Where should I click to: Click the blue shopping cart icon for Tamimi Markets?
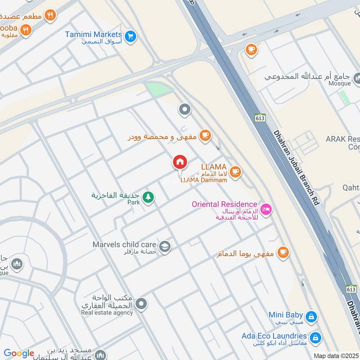coord(130,35)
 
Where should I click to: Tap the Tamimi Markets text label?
coord(93,35)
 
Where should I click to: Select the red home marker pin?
coord(180,162)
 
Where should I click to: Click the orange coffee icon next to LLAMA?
coord(235,171)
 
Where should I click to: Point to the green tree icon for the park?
coord(148,197)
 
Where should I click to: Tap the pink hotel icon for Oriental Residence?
coord(266,210)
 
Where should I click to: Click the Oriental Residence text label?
coord(224,204)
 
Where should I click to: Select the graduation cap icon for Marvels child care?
coord(165,247)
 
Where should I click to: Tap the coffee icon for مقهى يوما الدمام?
coord(283,253)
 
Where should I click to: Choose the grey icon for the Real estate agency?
coord(141,305)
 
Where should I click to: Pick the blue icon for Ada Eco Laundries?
coord(315,337)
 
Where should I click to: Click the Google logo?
coord(19,354)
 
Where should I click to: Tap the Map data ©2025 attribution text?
coord(336,355)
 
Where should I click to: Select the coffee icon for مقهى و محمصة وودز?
coord(205,135)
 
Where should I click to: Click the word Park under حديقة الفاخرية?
coord(134,202)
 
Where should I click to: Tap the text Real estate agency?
coord(107,313)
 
